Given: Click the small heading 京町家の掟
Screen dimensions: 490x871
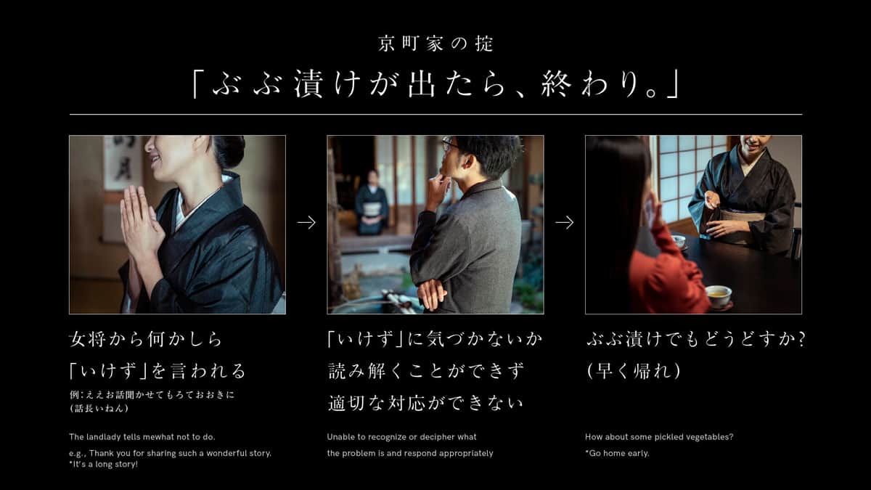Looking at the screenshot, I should tap(435, 44).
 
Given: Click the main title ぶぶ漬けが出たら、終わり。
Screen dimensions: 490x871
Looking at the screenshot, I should tap(435, 85).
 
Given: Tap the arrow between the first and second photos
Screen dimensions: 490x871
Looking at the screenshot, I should tap(306, 223).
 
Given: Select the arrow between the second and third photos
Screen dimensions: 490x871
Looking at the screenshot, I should tap(564, 223).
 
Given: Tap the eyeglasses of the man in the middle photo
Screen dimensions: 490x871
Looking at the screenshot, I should tap(450, 144).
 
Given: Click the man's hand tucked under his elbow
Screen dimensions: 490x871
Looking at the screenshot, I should tap(431, 294).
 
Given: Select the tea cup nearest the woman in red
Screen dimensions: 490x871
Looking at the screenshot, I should tap(718, 295).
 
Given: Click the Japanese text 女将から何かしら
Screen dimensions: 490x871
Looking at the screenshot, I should tap(145, 339).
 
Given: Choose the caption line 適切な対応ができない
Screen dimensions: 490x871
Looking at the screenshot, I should tap(425, 403).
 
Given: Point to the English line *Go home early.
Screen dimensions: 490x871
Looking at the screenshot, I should tap(617, 453).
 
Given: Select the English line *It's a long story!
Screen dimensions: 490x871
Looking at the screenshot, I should tap(103, 464).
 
